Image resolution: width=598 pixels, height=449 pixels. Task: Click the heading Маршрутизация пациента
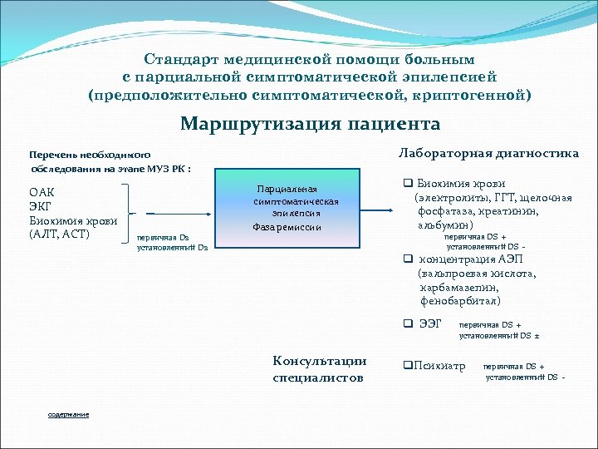click(310, 125)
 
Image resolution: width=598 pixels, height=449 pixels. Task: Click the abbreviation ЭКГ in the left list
click(42, 206)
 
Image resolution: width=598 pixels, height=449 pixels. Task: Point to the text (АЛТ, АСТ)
click(59, 234)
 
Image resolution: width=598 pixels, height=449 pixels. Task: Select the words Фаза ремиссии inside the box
click(287, 227)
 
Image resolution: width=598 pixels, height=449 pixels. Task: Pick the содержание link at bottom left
click(68, 414)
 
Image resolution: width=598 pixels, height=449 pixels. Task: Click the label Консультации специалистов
click(319, 369)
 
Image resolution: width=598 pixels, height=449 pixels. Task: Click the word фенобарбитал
click(460, 300)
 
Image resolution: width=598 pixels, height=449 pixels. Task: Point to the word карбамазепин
click(462, 287)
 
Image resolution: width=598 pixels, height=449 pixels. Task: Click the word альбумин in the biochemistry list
click(445, 224)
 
